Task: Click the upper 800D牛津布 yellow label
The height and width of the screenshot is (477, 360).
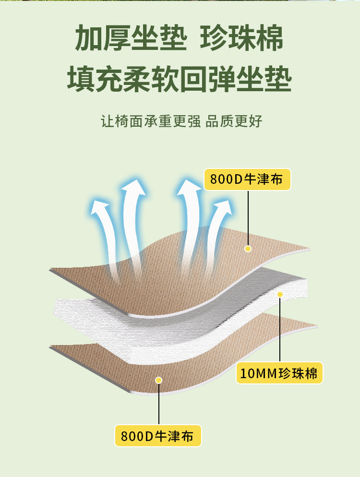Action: click(248, 179)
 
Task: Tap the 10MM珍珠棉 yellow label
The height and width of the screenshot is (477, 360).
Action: click(279, 373)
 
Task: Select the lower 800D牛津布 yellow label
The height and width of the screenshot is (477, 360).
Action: click(157, 436)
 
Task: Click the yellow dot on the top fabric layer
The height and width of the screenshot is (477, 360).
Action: click(248, 249)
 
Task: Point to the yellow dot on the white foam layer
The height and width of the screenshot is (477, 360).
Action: click(280, 294)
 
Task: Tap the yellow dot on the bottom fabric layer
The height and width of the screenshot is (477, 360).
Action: click(159, 380)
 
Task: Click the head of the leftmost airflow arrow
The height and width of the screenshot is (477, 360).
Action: click(100, 208)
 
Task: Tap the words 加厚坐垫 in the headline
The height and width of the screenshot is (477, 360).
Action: click(130, 38)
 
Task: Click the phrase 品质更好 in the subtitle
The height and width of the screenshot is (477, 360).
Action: click(234, 121)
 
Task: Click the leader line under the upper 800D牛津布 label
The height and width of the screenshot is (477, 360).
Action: click(248, 216)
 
